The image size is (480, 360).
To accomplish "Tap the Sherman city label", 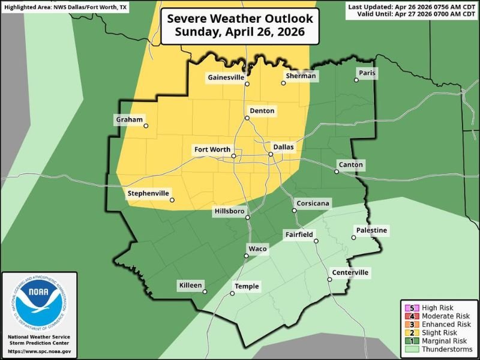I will (300, 76).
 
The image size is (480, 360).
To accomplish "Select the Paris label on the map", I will (366, 73).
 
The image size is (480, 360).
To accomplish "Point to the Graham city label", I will (129, 120).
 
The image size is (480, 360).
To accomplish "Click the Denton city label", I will (263, 111).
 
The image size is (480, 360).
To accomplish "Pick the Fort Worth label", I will (212, 149).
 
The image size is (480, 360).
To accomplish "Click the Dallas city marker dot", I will (271, 154).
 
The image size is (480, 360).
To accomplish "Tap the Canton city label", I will (351, 165).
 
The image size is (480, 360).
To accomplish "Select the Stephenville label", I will (149, 193).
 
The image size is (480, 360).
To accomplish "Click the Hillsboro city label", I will (230, 211).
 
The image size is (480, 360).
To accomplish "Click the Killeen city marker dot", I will (205, 292).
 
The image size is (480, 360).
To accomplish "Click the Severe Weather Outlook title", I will (240, 26).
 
